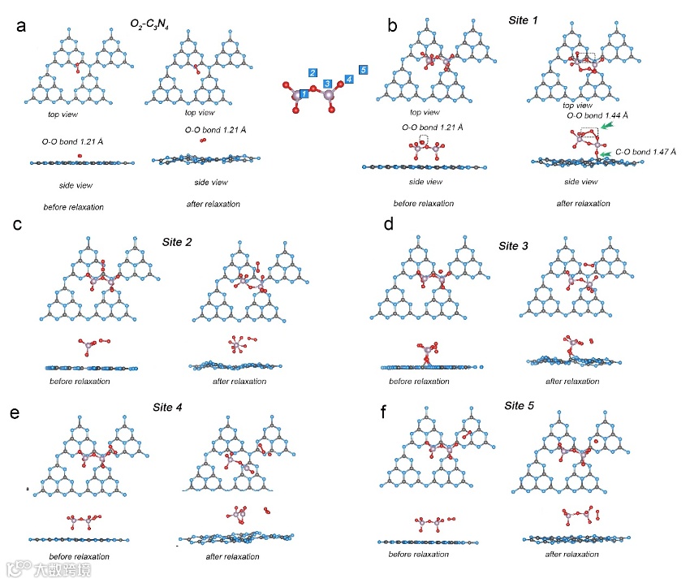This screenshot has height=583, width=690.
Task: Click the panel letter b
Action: (x=393, y=27)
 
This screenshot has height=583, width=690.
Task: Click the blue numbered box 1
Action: (x=304, y=95)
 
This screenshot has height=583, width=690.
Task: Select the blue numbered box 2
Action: (x=313, y=73)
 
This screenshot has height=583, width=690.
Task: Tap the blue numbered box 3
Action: (x=327, y=84)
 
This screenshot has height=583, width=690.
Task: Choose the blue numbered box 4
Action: (x=349, y=79)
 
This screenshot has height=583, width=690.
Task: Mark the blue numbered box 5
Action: (x=363, y=70)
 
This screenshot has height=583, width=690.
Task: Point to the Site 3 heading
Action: (x=515, y=244)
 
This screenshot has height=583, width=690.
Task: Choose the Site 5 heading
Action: (x=520, y=404)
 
